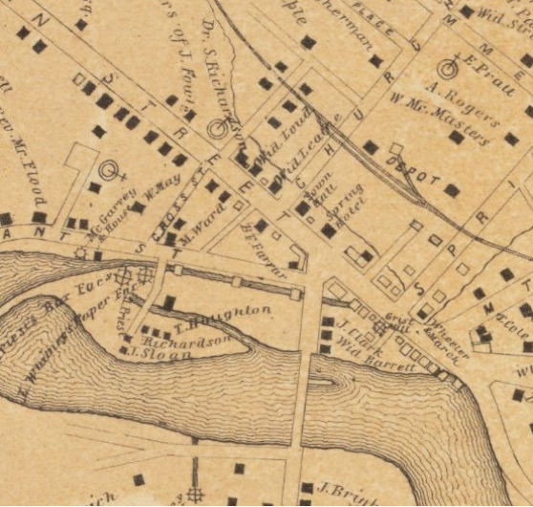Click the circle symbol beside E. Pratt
(x=447, y=68)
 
